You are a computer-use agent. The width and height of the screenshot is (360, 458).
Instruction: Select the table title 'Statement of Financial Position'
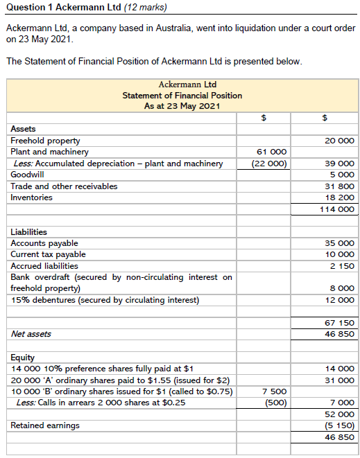[x=182, y=96]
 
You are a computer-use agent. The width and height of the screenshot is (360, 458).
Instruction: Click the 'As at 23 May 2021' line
[x=182, y=106]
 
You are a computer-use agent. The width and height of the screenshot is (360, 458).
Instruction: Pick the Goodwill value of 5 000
[x=342, y=175]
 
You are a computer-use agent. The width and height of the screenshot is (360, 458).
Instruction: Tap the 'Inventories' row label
[x=31, y=197]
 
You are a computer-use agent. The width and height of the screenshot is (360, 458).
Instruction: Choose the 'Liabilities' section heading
[x=29, y=232]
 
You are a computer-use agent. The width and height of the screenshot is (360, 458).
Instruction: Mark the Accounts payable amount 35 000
[x=339, y=243]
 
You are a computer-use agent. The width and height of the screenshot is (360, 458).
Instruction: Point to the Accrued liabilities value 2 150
[x=342, y=266]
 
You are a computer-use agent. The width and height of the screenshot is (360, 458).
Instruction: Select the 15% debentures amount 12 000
[x=339, y=300]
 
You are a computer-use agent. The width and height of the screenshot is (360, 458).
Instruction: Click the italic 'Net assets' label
[x=31, y=334]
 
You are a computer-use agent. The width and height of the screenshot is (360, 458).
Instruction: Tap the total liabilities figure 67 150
[x=339, y=323]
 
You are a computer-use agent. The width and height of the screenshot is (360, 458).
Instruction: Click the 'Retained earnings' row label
[x=45, y=425]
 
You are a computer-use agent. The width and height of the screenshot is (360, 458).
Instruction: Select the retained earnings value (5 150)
[x=339, y=425]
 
